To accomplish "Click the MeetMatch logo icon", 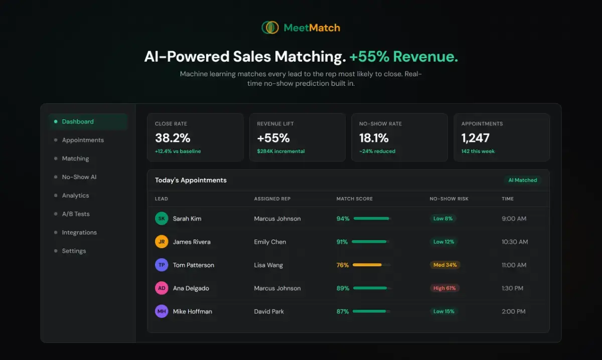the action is (270, 28).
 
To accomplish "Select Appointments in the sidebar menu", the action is (83, 140).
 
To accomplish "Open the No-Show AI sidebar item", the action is (79, 177).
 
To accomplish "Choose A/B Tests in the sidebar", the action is (76, 214).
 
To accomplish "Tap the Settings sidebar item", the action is (74, 251).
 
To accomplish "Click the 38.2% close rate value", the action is (173, 138).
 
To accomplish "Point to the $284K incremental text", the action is (281, 151).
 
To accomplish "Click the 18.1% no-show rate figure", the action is (374, 138).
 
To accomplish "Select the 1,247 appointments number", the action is (476, 138).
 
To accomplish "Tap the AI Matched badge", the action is (522, 180).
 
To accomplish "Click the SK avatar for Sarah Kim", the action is (162, 219).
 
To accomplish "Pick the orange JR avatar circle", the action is (162, 242).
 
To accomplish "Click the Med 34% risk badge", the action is (445, 265).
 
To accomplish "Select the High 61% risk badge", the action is (444, 288).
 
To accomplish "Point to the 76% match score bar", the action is (371, 265).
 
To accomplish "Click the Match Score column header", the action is (355, 199).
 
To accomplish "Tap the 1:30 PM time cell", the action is (512, 288).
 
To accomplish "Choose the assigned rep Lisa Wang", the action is (268, 265).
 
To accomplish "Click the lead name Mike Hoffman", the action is (193, 311).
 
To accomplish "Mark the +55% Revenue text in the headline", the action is (404, 57).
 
